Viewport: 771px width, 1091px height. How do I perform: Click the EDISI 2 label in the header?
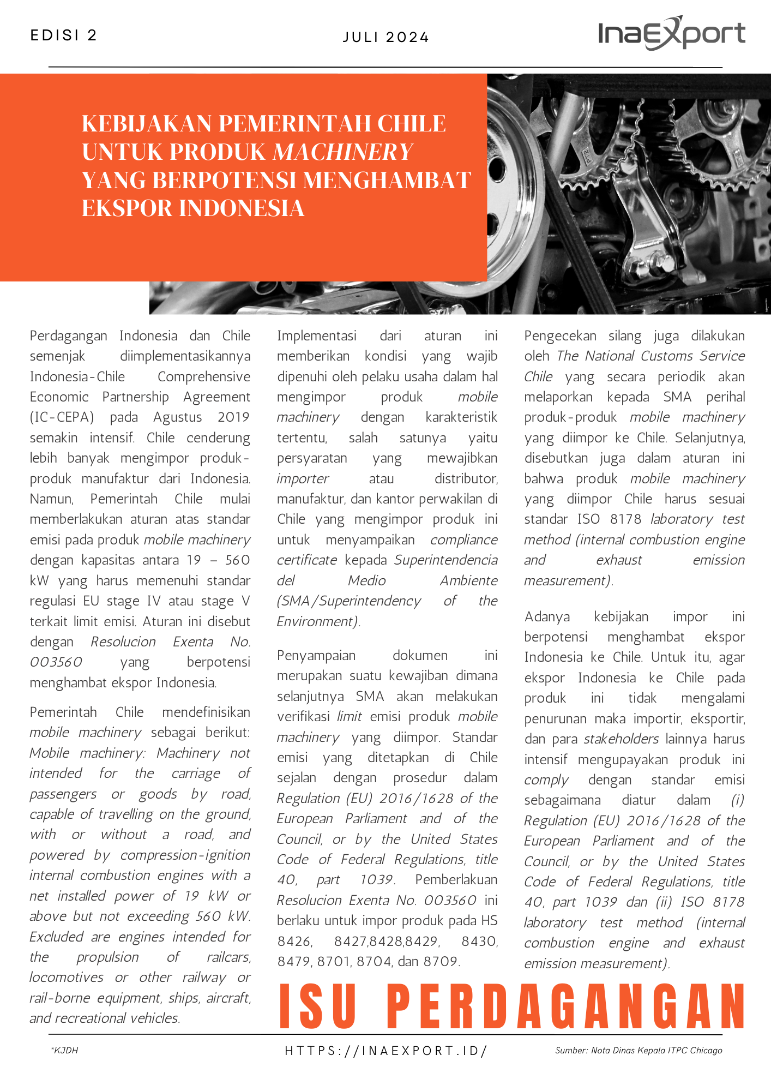tap(63, 35)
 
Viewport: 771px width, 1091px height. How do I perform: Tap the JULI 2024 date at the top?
tap(385, 38)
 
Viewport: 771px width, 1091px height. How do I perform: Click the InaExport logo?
tap(671, 33)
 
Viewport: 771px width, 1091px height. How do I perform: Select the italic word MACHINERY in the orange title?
tap(342, 152)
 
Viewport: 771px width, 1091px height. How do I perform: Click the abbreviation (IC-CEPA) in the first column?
tap(62, 417)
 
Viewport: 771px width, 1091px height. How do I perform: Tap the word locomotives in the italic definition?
tap(66, 977)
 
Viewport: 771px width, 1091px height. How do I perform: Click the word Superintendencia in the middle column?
tap(445, 560)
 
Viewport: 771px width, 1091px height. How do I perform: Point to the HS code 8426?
tap(294, 941)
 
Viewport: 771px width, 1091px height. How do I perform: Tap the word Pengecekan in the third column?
tap(560, 335)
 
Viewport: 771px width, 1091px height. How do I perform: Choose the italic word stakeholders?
tap(621, 739)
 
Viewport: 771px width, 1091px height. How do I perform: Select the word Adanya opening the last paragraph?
tap(547, 616)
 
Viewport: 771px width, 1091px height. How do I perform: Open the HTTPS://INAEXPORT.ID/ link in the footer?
tap(385, 1051)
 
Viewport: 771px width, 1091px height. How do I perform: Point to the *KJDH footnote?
tap(64, 1051)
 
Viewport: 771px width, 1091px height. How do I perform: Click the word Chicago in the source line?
tap(706, 1051)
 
